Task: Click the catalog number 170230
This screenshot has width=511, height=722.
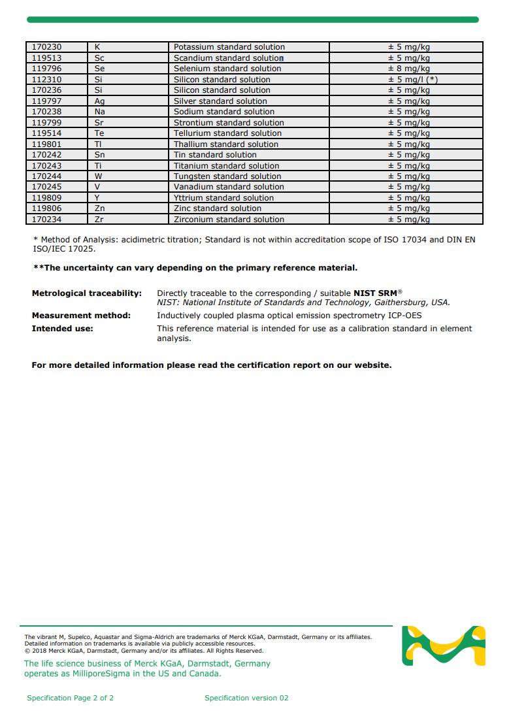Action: [x=46, y=47]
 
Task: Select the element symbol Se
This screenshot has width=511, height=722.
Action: [x=99, y=69]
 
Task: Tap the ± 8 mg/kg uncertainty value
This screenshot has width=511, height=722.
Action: [x=409, y=69]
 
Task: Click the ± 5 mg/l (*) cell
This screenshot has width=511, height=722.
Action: [x=413, y=80]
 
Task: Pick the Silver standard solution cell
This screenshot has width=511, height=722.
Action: [x=220, y=101]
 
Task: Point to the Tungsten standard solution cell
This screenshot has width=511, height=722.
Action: [x=227, y=176]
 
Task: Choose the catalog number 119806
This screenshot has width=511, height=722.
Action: [x=46, y=208]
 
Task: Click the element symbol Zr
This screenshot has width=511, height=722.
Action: [x=99, y=220]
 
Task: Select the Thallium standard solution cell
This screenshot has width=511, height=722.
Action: [x=226, y=144]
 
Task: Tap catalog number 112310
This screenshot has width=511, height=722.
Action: [x=46, y=80]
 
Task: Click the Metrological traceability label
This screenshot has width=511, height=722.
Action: [x=87, y=293]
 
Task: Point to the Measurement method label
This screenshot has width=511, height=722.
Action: [x=81, y=316]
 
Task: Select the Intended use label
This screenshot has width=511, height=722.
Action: [x=63, y=329]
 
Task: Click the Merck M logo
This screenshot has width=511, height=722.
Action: [x=444, y=646]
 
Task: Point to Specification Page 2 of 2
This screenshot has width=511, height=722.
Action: [x=71, y=698]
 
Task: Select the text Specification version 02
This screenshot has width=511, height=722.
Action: [x=246, y=698]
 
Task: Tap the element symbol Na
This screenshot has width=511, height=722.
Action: [x=99, y=112]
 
